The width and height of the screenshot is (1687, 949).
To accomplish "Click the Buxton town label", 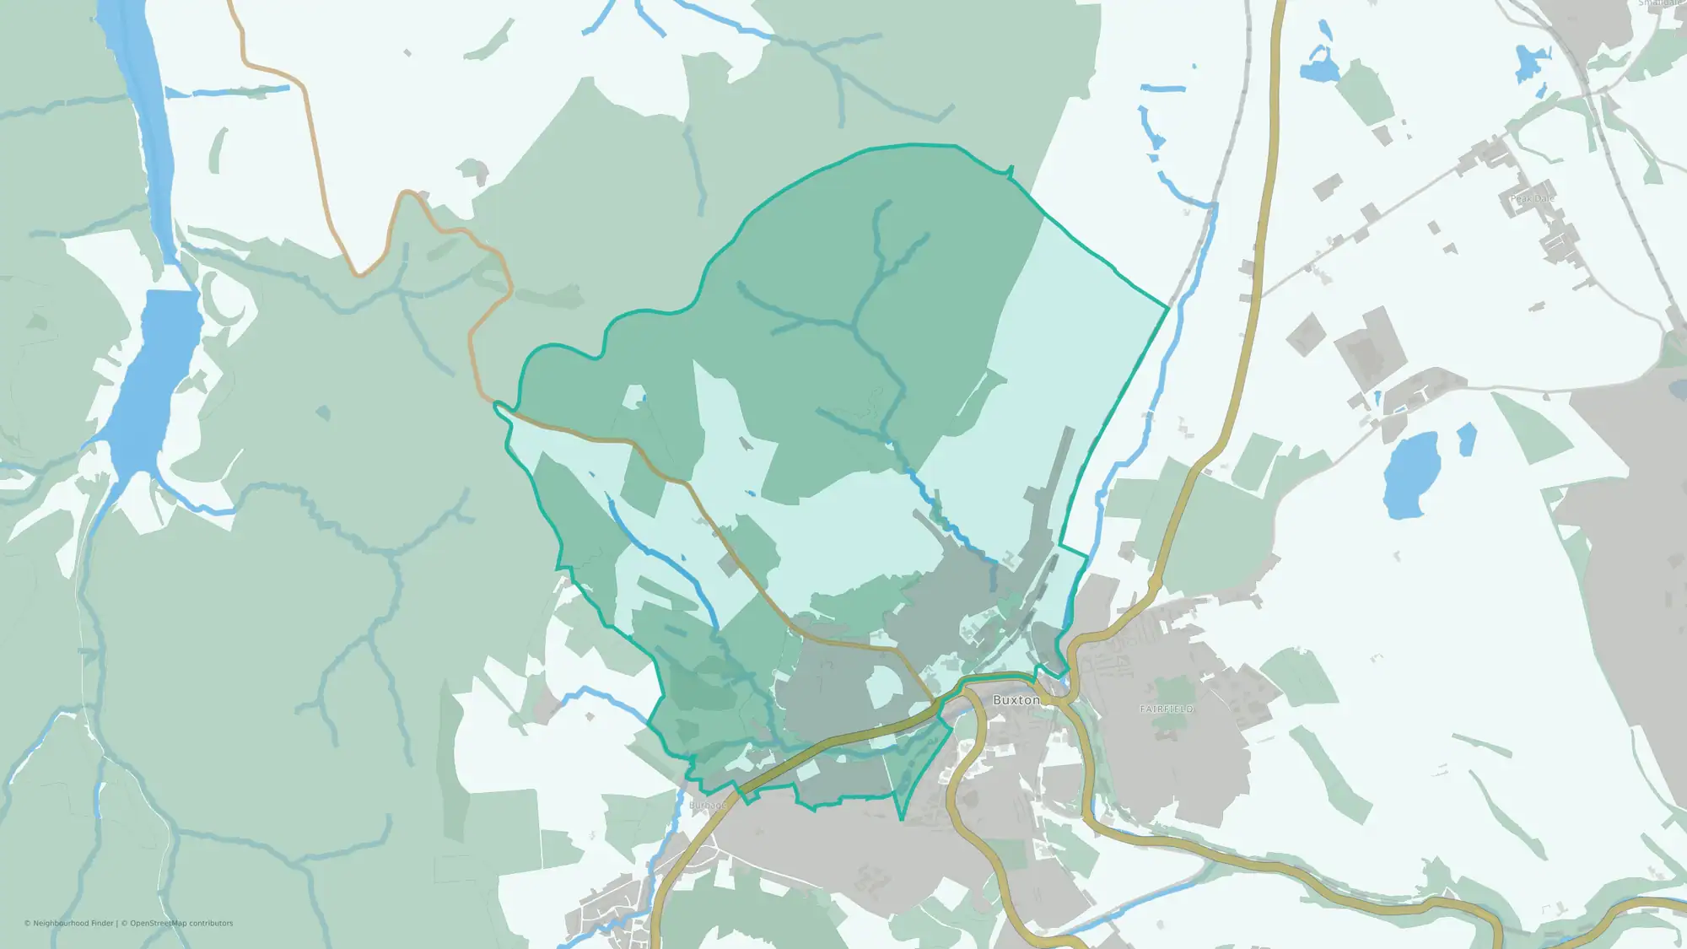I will tap(1016, 700).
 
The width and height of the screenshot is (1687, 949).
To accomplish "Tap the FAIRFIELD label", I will tap(1167, 709).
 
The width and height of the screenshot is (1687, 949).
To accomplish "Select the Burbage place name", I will tap(707, 806).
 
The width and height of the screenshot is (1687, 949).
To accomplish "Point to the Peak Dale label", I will tap(1532, 199).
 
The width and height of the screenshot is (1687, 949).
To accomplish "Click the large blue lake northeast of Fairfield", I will tap(1410, 475).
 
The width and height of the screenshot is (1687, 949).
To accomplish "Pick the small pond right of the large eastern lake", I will tap(1467, 439).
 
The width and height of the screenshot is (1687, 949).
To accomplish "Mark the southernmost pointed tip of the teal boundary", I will tap(901, 819).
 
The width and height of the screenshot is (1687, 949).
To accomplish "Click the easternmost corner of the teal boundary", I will tap(1168, 309).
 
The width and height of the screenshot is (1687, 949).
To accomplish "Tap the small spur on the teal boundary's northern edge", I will tap(1011, 171).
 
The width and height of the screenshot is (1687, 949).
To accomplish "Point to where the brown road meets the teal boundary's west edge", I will tap(498, 405).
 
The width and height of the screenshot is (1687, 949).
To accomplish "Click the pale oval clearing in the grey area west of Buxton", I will tap(884, 685).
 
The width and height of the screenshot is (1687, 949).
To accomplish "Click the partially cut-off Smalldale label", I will tap(1660, 3).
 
